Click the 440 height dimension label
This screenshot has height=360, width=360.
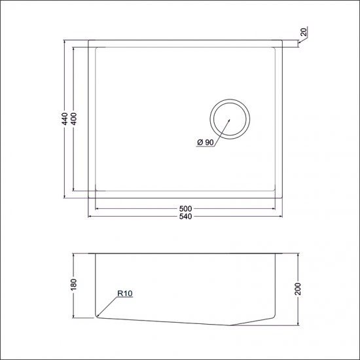(x=65, y=119)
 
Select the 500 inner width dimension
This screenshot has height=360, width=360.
(x=187, y=209)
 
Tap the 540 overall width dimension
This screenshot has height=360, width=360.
(x=187, y=217)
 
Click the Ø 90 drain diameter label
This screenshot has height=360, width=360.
(x=205, y=143)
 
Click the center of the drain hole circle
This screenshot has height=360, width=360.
(x=230, y=119)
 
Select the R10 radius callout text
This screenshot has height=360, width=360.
(x=125, y=295)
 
